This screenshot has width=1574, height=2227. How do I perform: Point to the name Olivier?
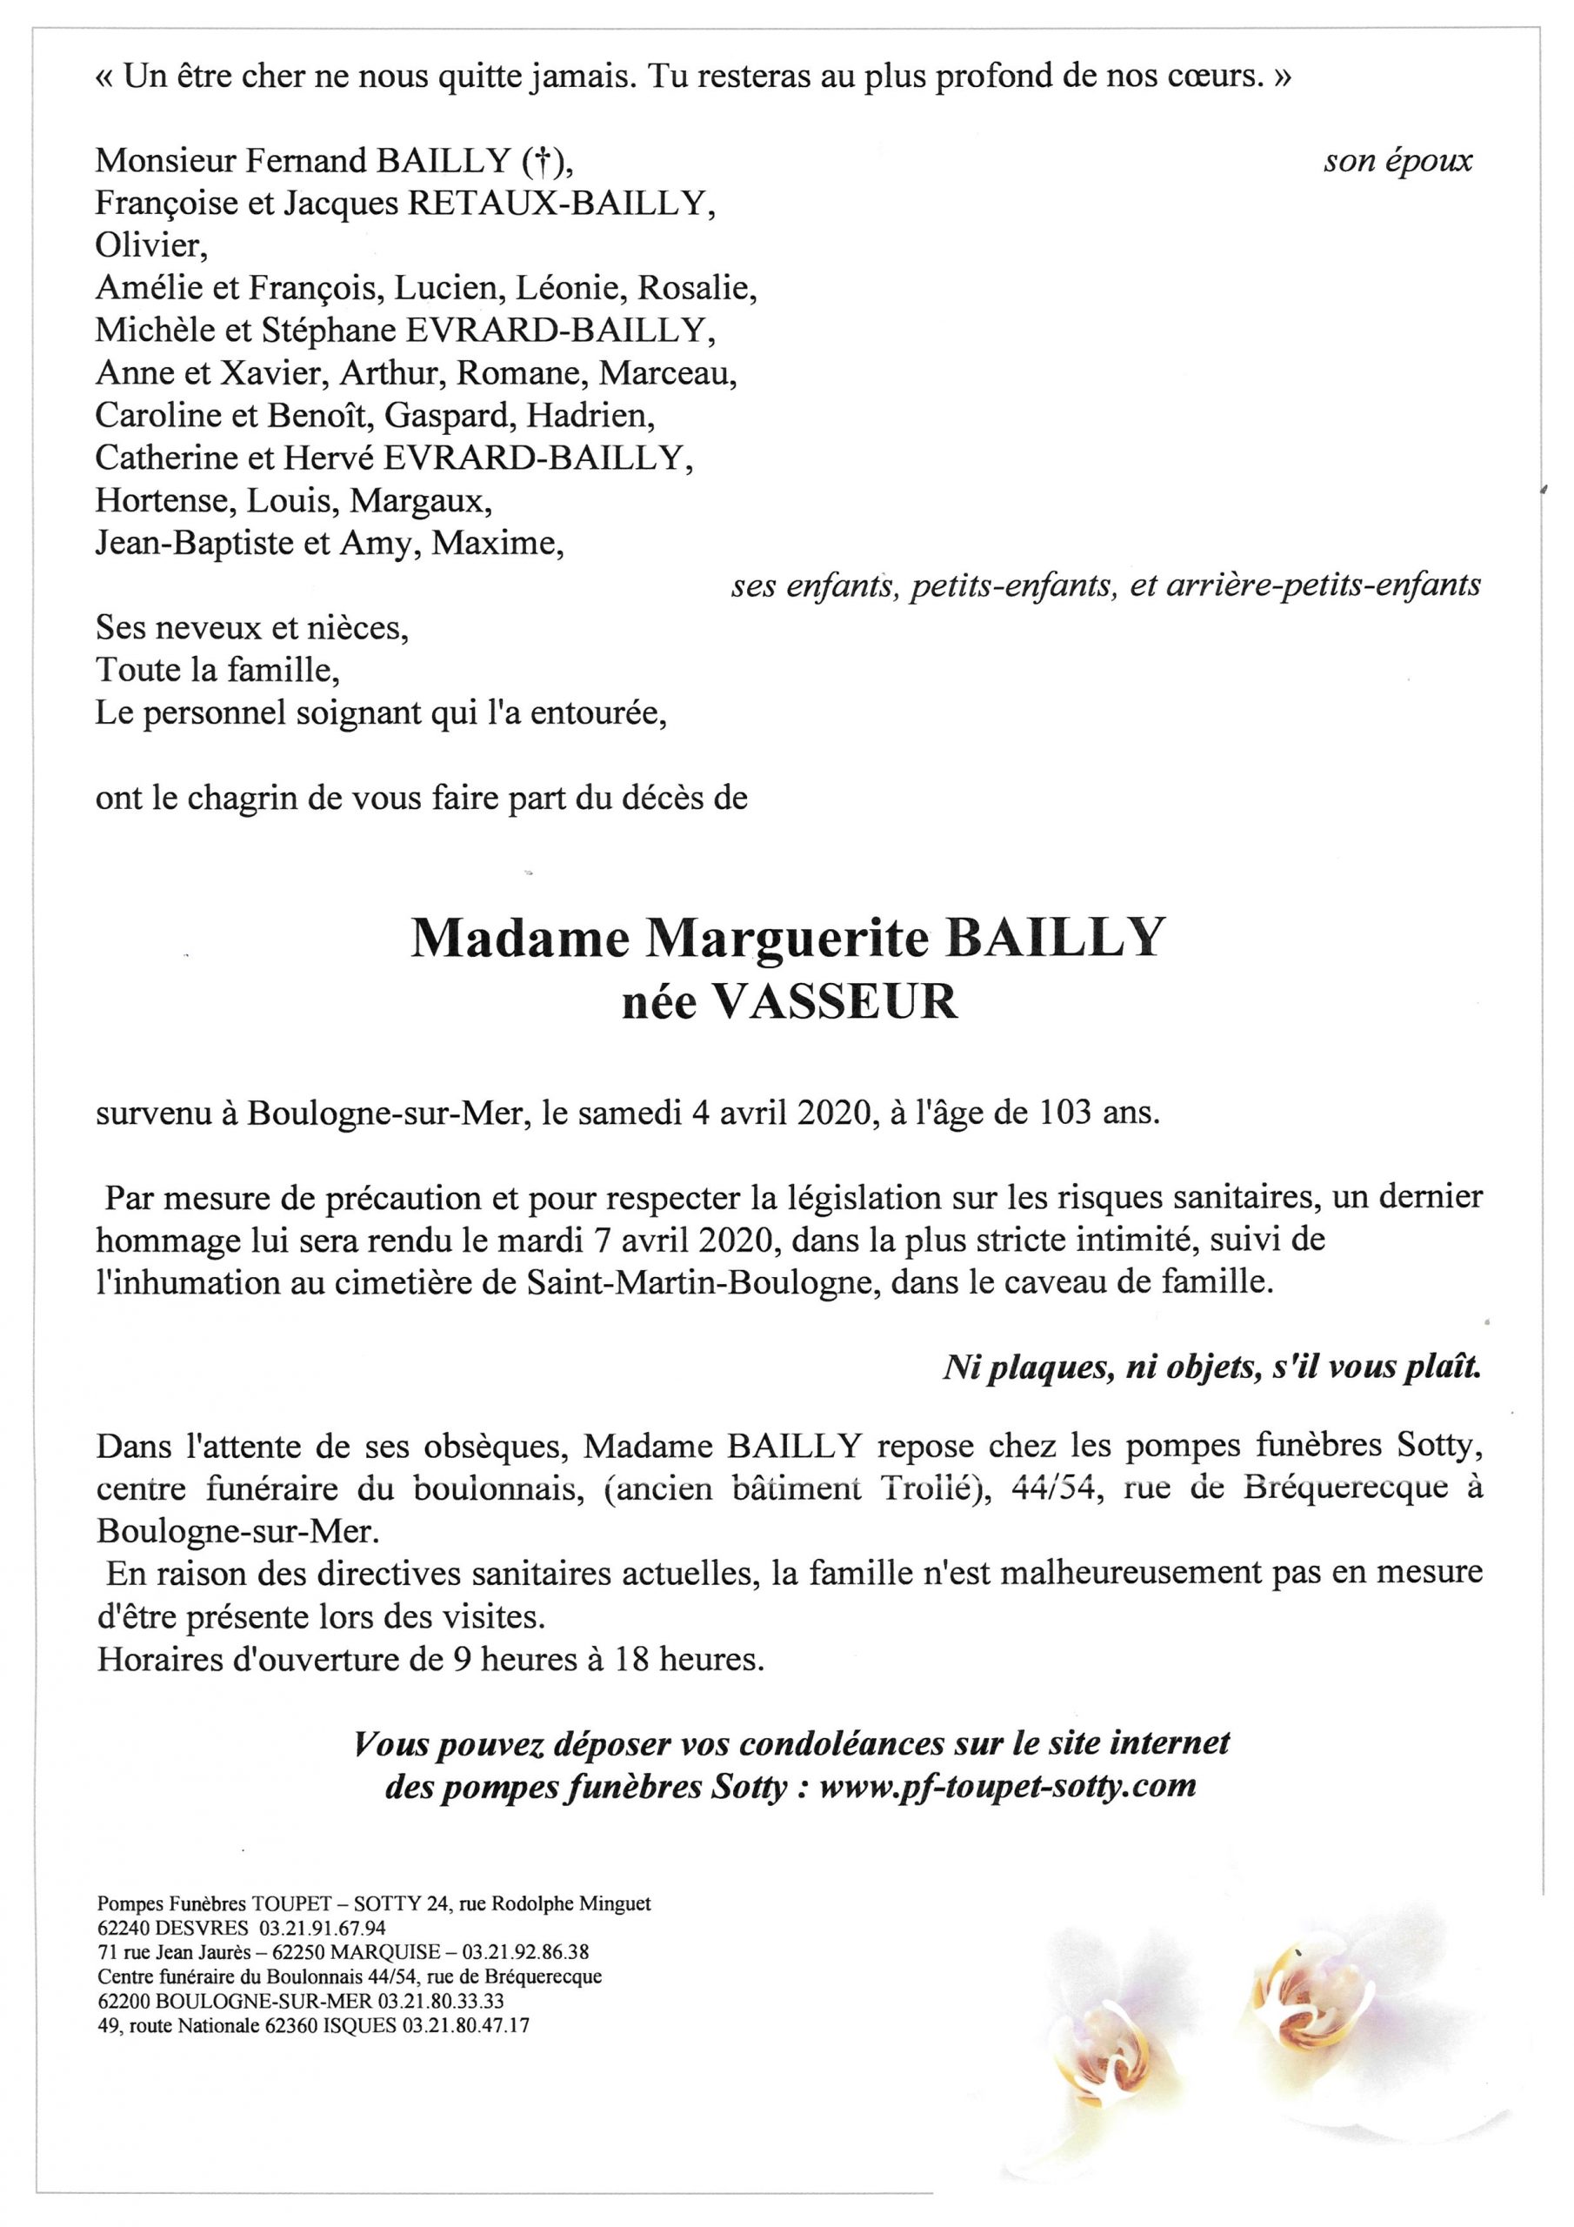point(150,246)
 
